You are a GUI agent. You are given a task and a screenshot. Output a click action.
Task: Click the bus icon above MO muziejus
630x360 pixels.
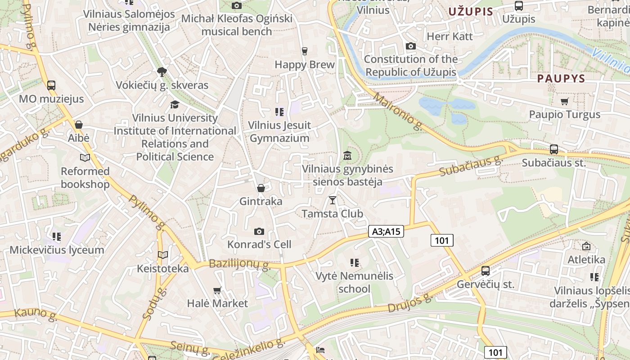(51, 85)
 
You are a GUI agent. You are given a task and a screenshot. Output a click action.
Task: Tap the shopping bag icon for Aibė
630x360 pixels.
(79, 125)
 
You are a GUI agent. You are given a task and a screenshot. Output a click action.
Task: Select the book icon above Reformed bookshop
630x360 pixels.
(85, 157)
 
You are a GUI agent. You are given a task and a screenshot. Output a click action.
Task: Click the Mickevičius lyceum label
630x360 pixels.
(57, 250)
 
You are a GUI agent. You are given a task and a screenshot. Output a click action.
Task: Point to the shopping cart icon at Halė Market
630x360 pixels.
(217, 290)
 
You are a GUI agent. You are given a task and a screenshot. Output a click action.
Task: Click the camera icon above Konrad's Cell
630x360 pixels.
(259, 231)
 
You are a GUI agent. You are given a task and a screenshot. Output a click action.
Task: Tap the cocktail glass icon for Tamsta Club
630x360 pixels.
(333, 200)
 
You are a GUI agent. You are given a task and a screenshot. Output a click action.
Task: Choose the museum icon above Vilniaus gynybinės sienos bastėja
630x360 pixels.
(347, 156)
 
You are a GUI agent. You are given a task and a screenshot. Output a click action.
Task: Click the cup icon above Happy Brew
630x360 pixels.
(305, 51)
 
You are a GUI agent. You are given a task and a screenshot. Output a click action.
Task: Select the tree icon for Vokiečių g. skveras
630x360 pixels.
(162, 72)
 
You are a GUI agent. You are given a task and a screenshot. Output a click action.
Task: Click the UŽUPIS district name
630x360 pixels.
(471, 12)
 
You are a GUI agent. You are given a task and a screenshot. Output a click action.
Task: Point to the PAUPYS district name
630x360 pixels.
(561, 78)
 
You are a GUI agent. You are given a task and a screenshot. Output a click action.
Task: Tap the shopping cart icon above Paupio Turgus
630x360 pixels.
(565, 101)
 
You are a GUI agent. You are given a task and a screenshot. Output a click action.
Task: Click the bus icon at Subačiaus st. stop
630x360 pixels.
(554, 149)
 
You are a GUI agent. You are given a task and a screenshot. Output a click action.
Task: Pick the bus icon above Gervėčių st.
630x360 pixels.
(486, 271)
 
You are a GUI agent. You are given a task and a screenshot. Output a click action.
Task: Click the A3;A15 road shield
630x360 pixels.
(386, 231)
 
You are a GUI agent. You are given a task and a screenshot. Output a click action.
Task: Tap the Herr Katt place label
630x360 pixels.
(450, 36)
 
